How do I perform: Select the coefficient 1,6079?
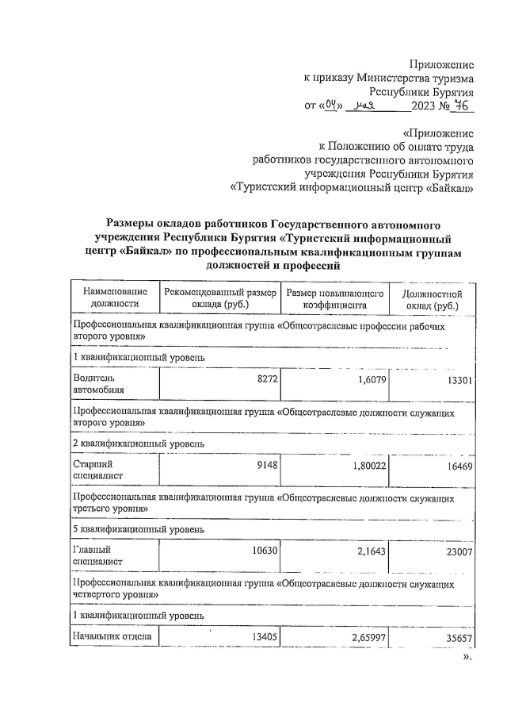(x=370, y=381)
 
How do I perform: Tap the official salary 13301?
(x=459, y=381)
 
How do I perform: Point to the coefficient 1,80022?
(x=367, y=466)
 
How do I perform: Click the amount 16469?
(x=459, y=466)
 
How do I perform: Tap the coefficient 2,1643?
(x=370, y=550)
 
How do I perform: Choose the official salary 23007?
(x=459, y=551)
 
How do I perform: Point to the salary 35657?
(x=459, y=635)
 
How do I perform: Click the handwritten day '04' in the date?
(x=333, y=105)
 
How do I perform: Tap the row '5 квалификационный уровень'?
(x=139, y=528)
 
